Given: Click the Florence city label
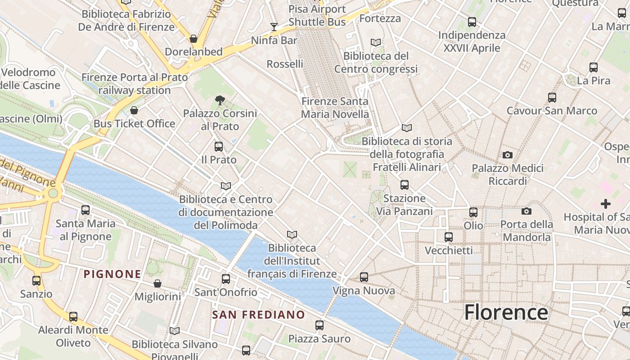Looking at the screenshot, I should [x=506, y=312].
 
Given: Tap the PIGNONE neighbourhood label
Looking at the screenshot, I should [x=112, y=274].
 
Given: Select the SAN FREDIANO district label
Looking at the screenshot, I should [x=258, y=315].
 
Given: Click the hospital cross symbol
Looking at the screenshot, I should [x=606, y=204].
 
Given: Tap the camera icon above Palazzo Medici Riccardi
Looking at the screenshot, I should [x=508, y=155].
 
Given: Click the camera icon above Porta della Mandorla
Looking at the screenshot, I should [x=526, y=211].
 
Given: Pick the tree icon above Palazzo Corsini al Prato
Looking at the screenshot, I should [x=220, y=100].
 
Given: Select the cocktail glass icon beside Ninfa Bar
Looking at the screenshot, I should [x=274, y=27].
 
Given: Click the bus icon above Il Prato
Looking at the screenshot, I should [x=219, y=146].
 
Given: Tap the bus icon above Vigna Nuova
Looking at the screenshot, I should [x=364, y=277].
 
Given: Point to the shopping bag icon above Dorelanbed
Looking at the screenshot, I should [x=193, y=39].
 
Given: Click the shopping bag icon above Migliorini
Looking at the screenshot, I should [x=157, y=283].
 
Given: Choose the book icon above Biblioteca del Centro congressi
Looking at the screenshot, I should [x=376, y=43].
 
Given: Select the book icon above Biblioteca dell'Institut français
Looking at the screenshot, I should [x=292, y=234].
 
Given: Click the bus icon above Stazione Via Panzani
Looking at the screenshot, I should [x=405, y=184].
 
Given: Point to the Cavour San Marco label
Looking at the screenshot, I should [x=552, y=111].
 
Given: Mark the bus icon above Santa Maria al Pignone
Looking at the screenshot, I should [x=85, y=210].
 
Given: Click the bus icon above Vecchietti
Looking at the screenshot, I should [x=449, y=237].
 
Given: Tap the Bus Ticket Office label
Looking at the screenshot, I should [x=134, y=123].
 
